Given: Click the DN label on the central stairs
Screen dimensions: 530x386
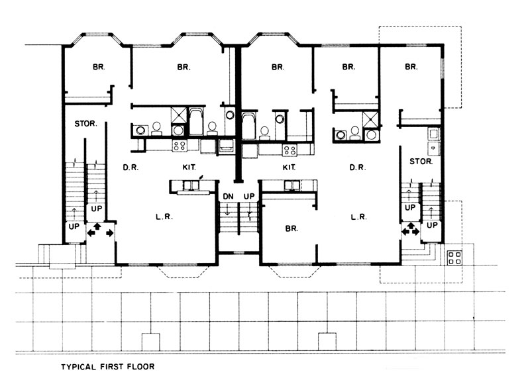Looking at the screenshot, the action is [227, 197].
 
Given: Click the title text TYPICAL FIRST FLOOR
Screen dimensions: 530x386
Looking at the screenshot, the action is [109, 365].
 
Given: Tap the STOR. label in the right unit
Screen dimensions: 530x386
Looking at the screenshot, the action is [421, 161].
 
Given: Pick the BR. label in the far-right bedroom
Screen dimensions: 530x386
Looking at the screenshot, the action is [411, 67].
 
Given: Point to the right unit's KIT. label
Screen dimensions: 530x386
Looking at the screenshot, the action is [289, 168].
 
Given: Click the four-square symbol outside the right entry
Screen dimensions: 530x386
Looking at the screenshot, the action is [456, 258].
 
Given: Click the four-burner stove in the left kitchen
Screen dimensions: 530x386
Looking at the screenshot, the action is [180, 145].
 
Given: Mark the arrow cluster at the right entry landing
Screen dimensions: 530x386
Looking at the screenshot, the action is [409, 230].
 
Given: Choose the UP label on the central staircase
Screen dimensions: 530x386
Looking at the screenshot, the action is [250, 197].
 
